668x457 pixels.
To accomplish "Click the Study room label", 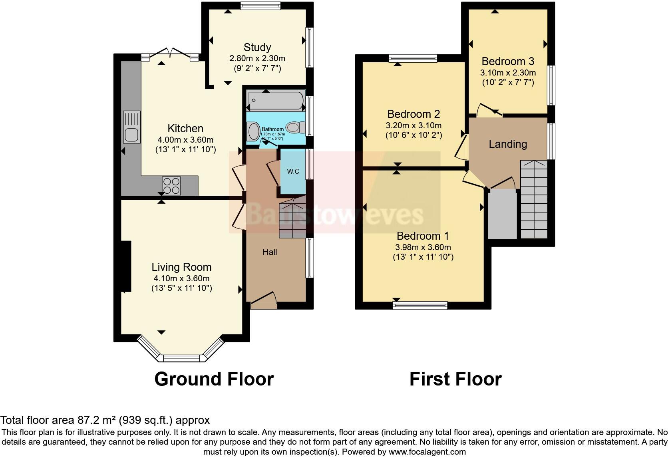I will pos(257,48).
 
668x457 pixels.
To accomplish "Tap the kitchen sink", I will pos(131,127).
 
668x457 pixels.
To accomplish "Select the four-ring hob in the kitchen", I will pos(171,186).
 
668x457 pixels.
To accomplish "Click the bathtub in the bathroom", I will pos(275,101).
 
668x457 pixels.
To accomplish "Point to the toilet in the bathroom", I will pos(296,128).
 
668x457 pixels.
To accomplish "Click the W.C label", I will pos(293,172).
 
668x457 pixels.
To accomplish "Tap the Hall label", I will pos(270,252).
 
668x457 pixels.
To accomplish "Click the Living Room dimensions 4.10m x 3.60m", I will pos(181,278).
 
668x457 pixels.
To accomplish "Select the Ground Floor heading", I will pos(214,379).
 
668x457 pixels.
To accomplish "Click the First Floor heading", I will pos(455,379).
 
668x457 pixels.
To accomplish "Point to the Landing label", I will pos(508,144).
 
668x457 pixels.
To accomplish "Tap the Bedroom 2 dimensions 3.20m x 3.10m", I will pos(414,125).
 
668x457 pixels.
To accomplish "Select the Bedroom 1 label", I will pos(423,236).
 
